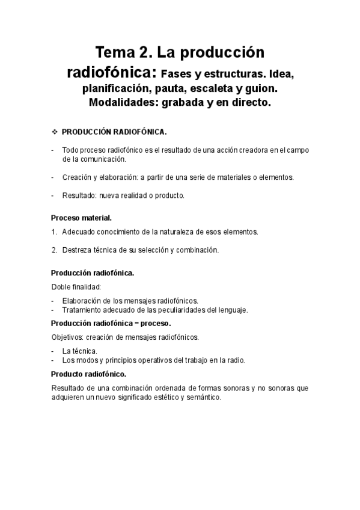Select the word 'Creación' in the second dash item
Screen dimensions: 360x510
[76, 177]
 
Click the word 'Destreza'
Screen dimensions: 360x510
[76, 250]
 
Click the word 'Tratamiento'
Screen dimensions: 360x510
[82, 310]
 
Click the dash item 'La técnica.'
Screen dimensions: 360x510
[80, 351]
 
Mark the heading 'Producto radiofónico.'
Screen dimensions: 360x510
[88, 374]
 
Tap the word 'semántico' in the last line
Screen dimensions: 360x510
[205, 398]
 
